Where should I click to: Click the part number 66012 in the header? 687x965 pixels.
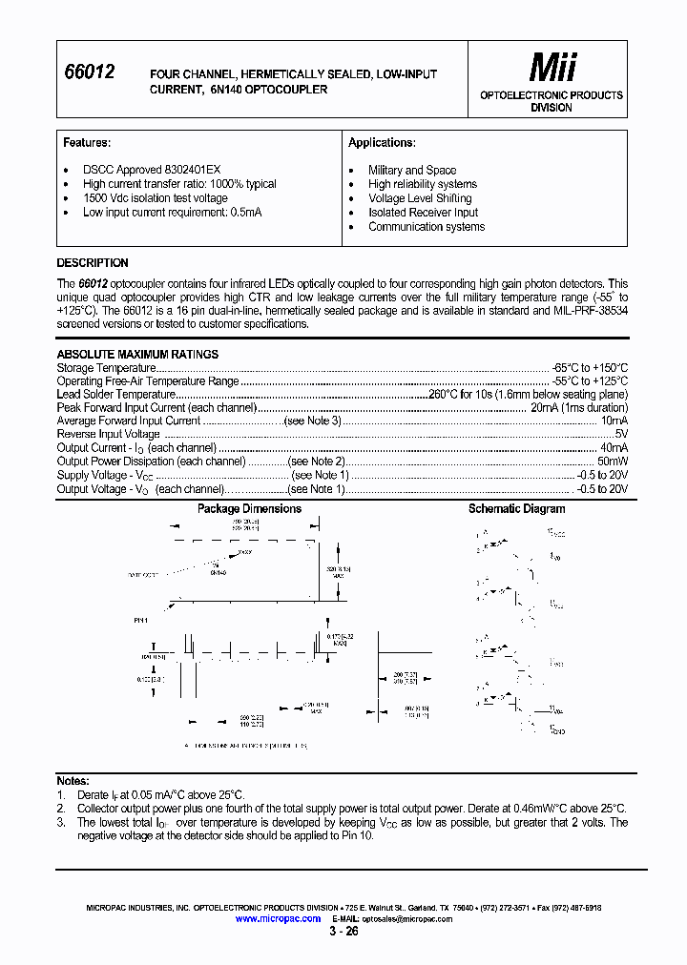point(89,71)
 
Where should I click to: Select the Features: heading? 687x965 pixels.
point(87,142)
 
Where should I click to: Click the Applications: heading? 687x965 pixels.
point(382,142)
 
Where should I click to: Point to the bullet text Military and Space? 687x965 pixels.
point(412,170)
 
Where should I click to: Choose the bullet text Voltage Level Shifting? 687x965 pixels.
point(420,198)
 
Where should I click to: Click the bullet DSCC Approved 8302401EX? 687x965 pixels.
point(138,170)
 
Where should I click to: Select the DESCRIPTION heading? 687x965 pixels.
point(93,263)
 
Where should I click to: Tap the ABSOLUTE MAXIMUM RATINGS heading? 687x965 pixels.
point(137,354)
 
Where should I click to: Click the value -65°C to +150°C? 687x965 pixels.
point(591,367)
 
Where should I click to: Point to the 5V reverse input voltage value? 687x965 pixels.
point(620,434)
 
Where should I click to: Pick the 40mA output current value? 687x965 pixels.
point(614,447)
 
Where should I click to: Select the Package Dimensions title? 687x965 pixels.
point(249,508)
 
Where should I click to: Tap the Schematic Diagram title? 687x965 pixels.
point(516,508)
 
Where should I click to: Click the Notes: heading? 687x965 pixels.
point(73,781)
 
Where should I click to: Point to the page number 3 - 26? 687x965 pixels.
point(343,933)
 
